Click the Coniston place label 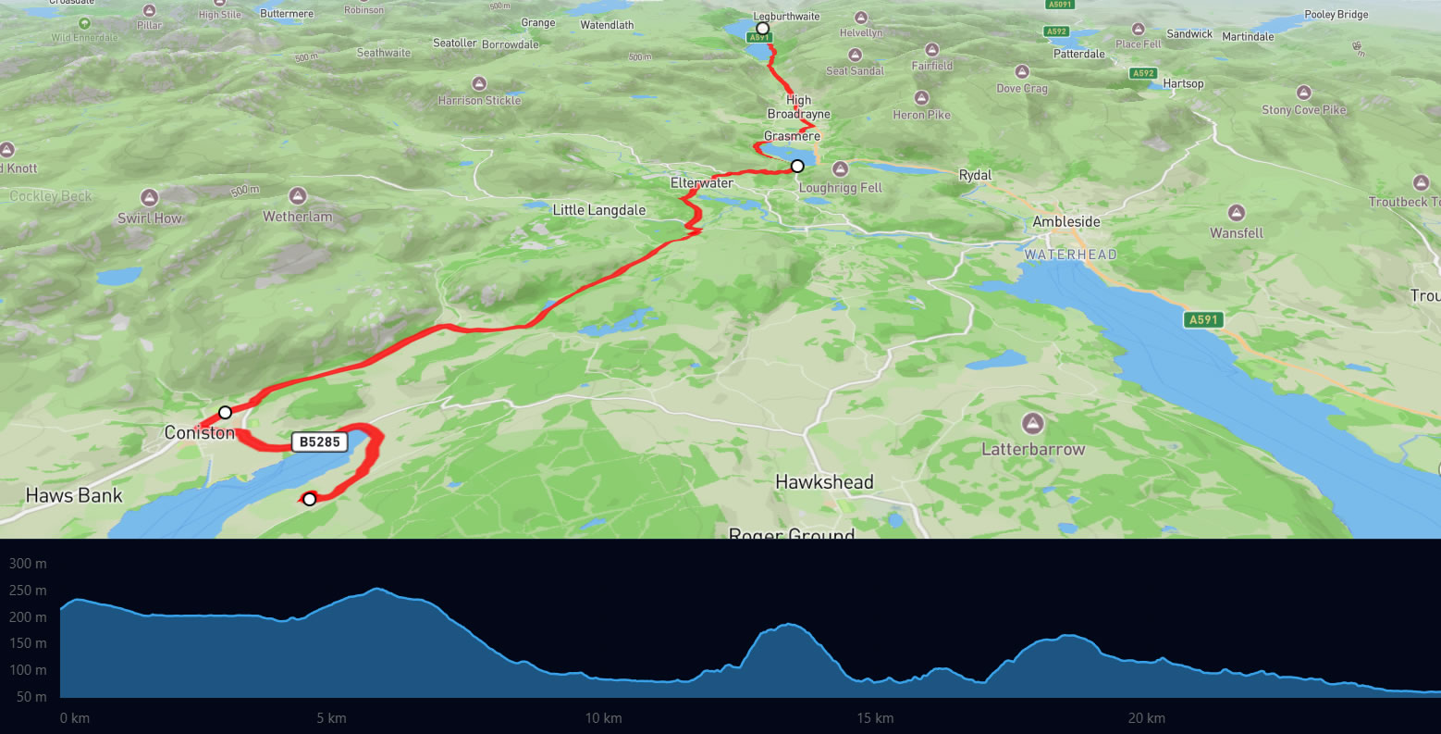[x=200, y=432]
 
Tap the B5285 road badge [x=320, y=442]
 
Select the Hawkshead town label [x=824, y=482]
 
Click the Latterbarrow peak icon [x=1033, y=424]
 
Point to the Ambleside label [x=1066, y=222]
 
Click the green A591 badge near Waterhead [x=1203, y=320]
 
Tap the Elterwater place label [x=702, y=183]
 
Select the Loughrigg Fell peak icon [x=841, y=169]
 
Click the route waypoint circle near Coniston [x=225, y=412]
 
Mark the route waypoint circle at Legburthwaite [x=762, y=29]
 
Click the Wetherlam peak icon [x=298, y=196]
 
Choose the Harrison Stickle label [x=479, y=100]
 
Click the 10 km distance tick [x=603, y=718]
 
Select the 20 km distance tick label [x=1146, y=718]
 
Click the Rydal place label [x=975, y=175]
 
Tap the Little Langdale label [x=599, y=210]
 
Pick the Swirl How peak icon [x=150, y=198]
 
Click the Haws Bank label [x=74, y=496]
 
